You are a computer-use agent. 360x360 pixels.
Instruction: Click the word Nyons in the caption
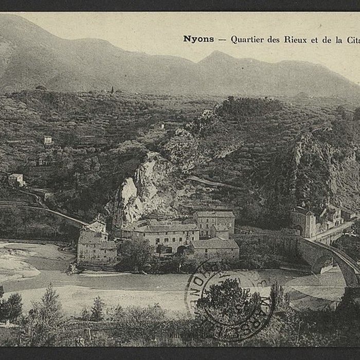[199, 39]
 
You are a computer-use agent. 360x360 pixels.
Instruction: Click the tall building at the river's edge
[95, 247]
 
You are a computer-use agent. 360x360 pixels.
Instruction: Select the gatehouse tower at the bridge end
[303, 222]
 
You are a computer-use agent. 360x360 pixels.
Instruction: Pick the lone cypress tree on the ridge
[112, 89]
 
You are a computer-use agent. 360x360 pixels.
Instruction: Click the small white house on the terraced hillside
[48, 140]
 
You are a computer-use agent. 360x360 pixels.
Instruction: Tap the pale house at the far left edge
[16, 179]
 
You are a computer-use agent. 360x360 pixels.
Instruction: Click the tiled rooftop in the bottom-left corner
[10, 334]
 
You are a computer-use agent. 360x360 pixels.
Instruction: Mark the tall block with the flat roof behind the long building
[214, 222]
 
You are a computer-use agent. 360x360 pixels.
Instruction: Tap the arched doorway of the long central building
[181, 249]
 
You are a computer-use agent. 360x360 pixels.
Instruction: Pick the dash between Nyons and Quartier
[222, 40]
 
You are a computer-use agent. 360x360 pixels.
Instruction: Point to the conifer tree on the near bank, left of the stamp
[51, 303]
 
